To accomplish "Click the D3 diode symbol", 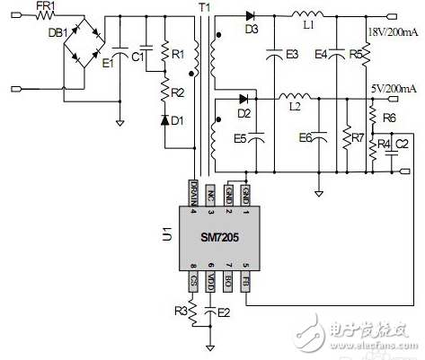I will (x=249, y=15).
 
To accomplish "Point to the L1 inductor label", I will (x=308, y=26).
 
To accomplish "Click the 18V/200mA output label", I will (x=392, y=34).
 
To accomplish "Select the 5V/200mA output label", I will (x=392, y=90).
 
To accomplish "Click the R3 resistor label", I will (x=180, y=312).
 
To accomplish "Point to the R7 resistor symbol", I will (x=346, y=139).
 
